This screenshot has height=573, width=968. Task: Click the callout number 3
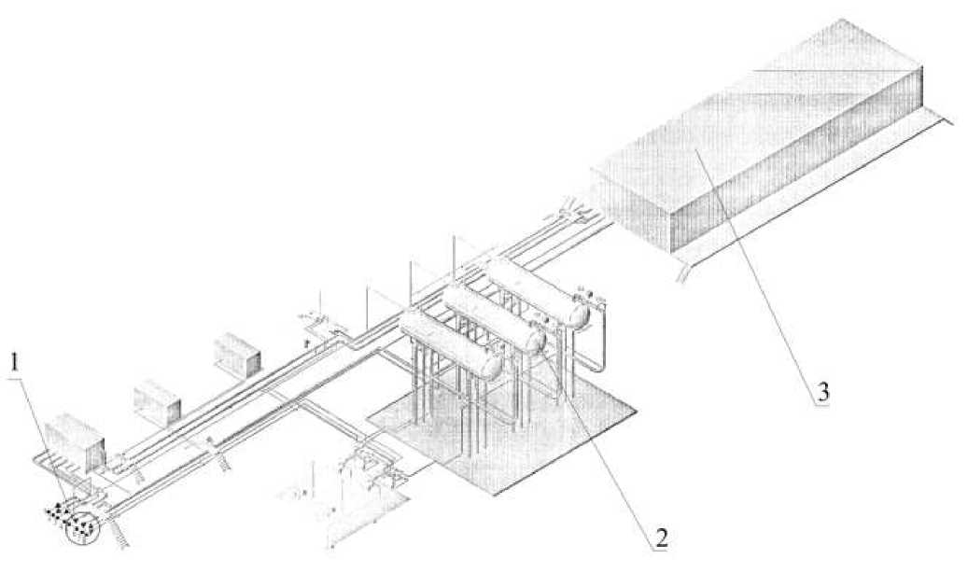point(822,393)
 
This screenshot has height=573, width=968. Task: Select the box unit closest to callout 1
point(74,440)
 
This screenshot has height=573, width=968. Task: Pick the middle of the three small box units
point(157,398)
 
